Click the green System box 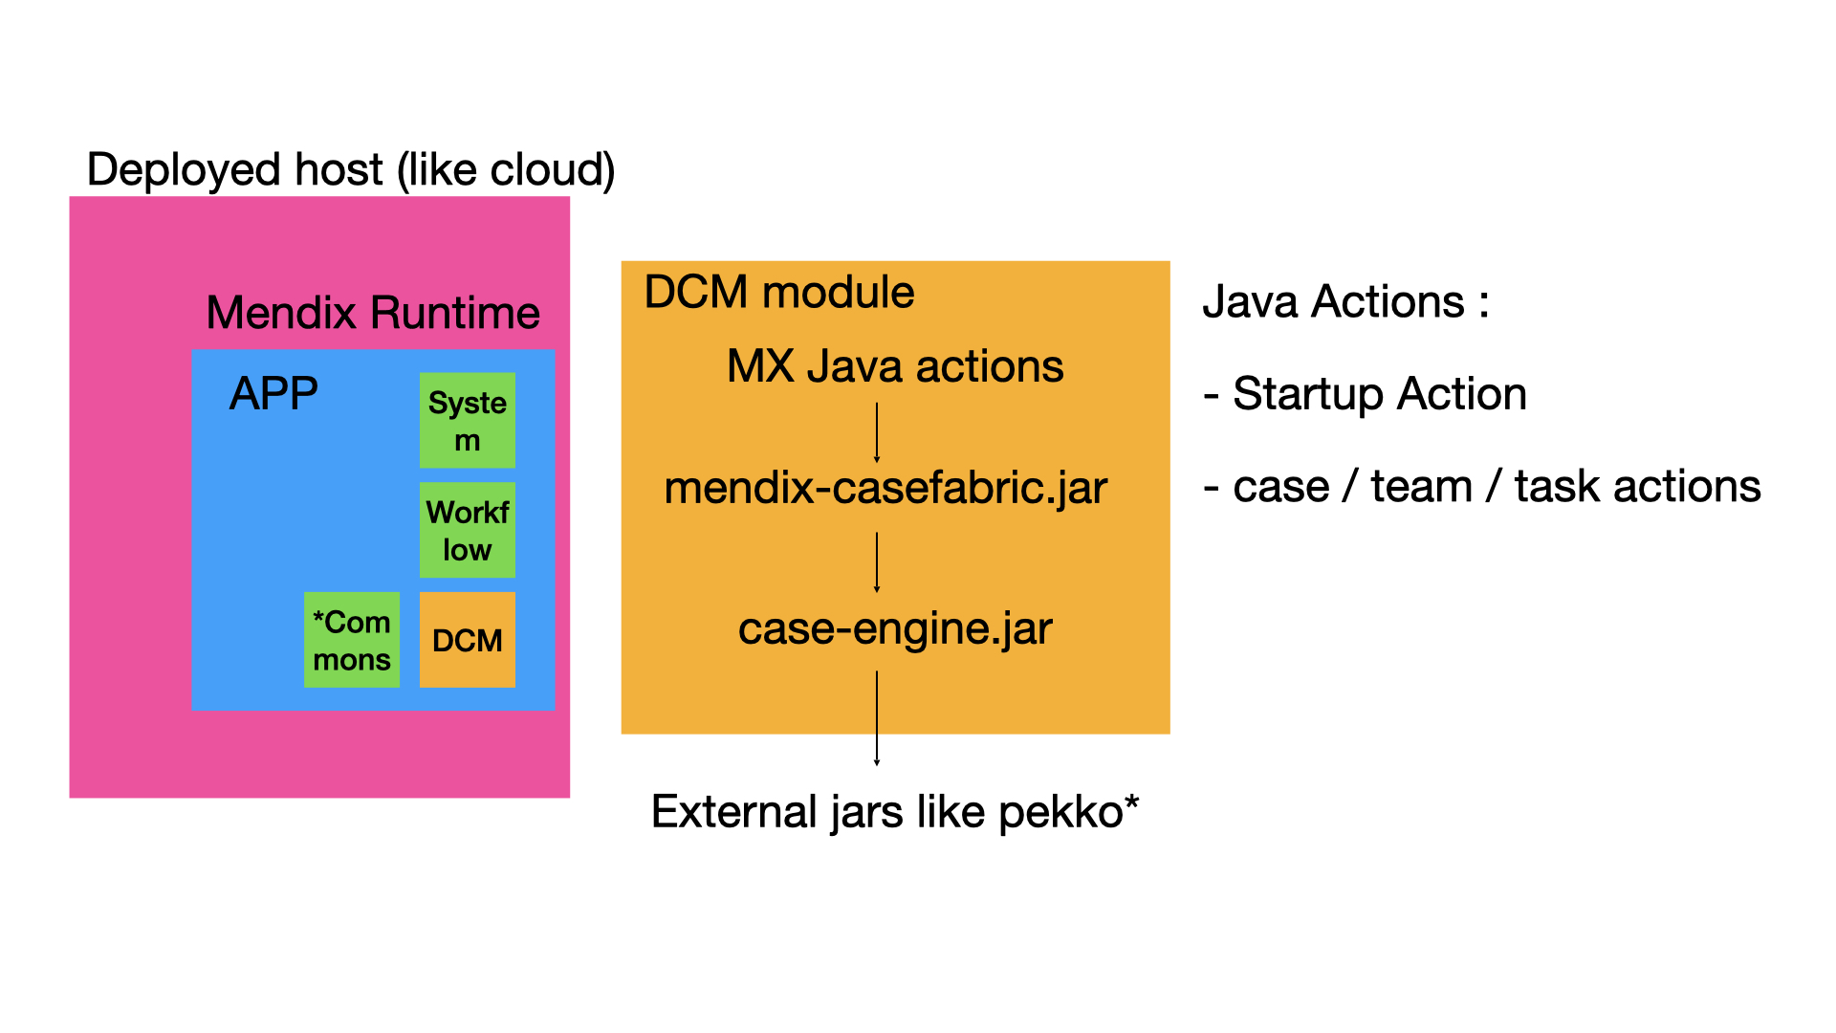pyautogui.click(x=467, y=420)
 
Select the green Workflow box pyautogui.click(x=467, y=530)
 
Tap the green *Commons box pyautogui.click(x=351, y=640)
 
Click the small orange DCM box pyautogui.click(x=467, y=640)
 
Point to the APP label pyautogui.click(x=273, y=393)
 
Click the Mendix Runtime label pyautogui.click(x=373, y=313)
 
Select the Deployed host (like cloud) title pyautogui.click(x=350, y=169)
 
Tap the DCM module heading pyautogui.click(x=778, y=292)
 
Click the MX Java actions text pyautogui.click(x=895, y=366)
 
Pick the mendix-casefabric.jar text pyautogui.click(x=885, y=488)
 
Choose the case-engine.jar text pyautogui.click(x=895, y=628)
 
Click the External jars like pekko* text pyautogui.click(x=895, y=812)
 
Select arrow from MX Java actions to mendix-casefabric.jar pyautogui.click(x=877, y=432)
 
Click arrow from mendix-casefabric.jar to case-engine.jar pyautogui.click(x=877, y=562)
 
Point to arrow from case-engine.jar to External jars pyautogui.click(x=877, y=717)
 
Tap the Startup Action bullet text pyautogui.click(x=1379, y=394)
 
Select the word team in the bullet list pyautogui.click(x=1421, y=487)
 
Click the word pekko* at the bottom pyautogui.click(x=1069, y=812)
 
